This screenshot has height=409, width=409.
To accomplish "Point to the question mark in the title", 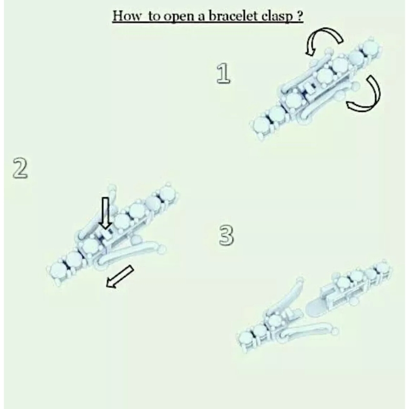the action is click(x=300, y=16).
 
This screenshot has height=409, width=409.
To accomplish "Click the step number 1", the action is click(x=223, y=74).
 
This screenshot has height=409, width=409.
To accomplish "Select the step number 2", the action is click(x=20, y=169).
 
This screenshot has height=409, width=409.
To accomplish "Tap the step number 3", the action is click(x=226, y=236).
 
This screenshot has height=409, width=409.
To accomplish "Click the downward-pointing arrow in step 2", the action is click(x=105, y=213).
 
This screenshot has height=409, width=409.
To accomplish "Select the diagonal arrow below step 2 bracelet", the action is click(x=120, y=277).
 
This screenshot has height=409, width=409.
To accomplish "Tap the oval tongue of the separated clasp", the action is click(x=316, y=309).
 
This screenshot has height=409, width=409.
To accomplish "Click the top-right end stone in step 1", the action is click(x=370, y=48).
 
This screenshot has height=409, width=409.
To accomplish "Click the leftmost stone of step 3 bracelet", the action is click(x=246, y=339).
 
